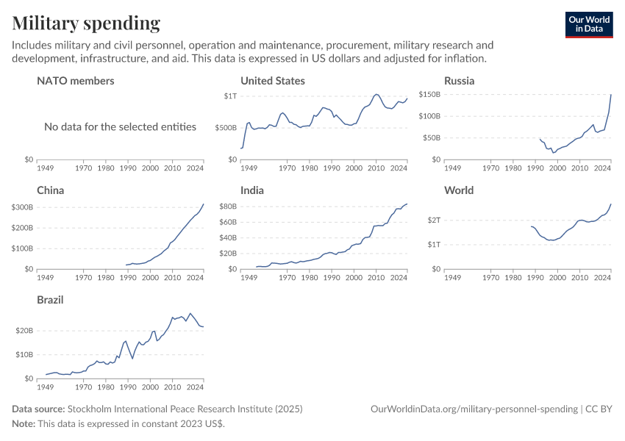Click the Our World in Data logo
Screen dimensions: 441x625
588,24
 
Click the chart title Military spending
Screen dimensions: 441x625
86,24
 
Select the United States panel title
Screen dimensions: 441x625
273,81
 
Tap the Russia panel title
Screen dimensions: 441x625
459,81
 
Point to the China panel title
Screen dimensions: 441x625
51,190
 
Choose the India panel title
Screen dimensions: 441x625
252,190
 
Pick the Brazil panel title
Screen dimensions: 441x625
51,300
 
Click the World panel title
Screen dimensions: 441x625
459,190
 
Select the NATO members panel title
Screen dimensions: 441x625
76,81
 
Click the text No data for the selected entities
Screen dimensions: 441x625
120,127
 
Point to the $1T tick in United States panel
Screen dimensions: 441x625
231,96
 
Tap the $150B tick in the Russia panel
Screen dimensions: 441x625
429,95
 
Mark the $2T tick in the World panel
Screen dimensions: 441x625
434,220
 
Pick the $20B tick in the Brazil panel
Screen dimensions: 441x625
24,331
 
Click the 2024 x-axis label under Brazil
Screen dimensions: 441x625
195,387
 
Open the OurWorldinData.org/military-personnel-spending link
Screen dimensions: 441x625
474,409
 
